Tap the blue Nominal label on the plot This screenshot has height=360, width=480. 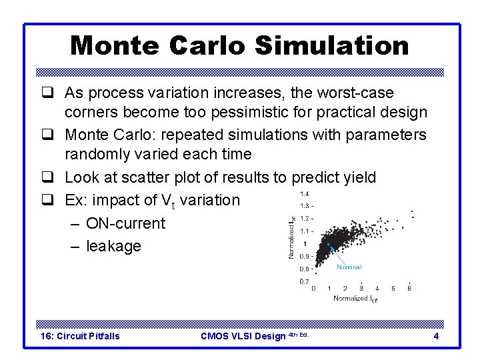point(349,267)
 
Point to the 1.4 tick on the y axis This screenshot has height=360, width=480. point(305,193)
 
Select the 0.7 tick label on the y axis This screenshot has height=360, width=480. point(304,281)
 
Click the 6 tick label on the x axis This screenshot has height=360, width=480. point(409,289)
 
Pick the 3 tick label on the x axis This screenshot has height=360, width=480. point(361,289)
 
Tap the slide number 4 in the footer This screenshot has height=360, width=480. point(436,336)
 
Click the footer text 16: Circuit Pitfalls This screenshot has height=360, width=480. point(81,336)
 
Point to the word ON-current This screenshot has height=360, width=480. point(125,223)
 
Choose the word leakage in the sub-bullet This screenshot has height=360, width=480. point(113,246)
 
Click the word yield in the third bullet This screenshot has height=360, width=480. point(357,177)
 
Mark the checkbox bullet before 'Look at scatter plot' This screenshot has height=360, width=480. point(49,178)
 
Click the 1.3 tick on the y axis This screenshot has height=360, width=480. point(305,205)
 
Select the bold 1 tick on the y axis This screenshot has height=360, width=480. point(305,243)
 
